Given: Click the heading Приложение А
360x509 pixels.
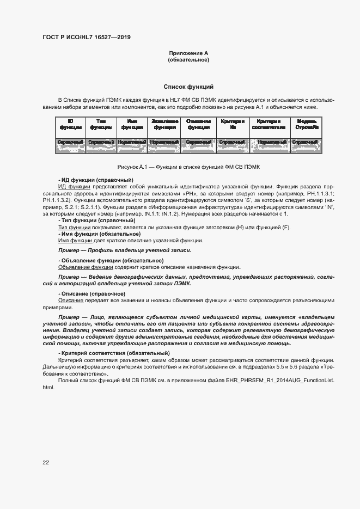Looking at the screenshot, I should click(188, 53).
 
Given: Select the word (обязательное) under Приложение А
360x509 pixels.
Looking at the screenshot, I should click(188, 60).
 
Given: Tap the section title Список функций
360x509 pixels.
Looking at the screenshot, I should click(188, 87).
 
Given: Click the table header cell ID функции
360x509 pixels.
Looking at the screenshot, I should click(70, 124).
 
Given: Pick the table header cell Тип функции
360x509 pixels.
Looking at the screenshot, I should click(101, 124).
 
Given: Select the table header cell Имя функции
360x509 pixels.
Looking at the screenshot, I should click(132, 124).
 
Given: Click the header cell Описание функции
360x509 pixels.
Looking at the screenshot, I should click(198, 124).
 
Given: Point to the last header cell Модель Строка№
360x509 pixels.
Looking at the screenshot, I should click(305, 124).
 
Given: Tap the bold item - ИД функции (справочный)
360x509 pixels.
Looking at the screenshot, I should click(95, 180).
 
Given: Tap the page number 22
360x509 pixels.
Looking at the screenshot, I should click(46, 462).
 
